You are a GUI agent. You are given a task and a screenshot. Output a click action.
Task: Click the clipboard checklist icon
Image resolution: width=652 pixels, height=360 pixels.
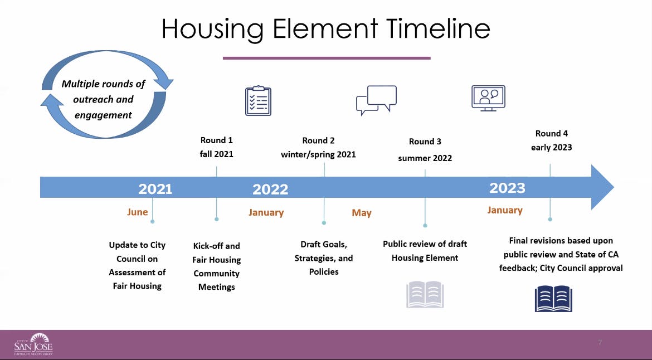[258, 101]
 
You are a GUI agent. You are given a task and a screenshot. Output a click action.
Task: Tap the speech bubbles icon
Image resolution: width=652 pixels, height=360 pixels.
[376, 100]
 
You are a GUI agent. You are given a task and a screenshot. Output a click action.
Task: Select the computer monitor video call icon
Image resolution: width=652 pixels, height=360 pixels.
[488, 98]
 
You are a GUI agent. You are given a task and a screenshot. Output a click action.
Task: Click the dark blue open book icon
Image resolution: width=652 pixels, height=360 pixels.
[553, 299]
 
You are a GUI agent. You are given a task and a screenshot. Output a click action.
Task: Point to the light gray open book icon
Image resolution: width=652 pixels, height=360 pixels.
[425, 295]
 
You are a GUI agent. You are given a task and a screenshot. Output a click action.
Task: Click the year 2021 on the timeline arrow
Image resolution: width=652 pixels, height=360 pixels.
[155, 189]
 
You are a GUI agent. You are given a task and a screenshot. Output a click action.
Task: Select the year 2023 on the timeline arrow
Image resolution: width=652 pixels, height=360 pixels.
[507, 188]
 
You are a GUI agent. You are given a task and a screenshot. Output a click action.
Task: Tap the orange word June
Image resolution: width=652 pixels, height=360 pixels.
[138, 212]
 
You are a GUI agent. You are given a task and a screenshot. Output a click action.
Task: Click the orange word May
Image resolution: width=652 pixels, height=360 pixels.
[362, 213]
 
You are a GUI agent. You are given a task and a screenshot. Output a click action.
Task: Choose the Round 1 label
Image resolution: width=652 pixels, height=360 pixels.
[217, 140]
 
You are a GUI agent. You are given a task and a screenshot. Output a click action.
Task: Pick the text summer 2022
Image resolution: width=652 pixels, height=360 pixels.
[425, 158]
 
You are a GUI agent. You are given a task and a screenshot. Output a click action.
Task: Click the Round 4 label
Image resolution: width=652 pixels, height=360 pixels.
[551, 133]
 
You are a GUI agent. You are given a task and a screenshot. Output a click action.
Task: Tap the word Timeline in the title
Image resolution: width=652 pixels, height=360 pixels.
[438, 28]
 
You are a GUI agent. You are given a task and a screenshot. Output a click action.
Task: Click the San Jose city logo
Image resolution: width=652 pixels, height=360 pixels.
[33, 344]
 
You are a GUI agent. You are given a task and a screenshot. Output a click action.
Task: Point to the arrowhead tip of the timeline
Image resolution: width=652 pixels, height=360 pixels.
[614, 187]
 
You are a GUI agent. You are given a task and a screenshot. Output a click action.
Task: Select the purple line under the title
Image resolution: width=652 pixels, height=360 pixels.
[327, 58]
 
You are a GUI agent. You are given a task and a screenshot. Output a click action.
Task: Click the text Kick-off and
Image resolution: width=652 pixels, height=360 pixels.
[217, 246]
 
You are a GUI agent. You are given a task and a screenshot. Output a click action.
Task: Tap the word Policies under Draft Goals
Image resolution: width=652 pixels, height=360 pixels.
[324, 271]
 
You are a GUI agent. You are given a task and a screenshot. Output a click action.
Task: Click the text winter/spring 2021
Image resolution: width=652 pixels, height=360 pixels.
[319, 154]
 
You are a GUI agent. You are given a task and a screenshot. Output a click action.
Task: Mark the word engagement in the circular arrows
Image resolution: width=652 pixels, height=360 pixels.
[103, 115]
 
